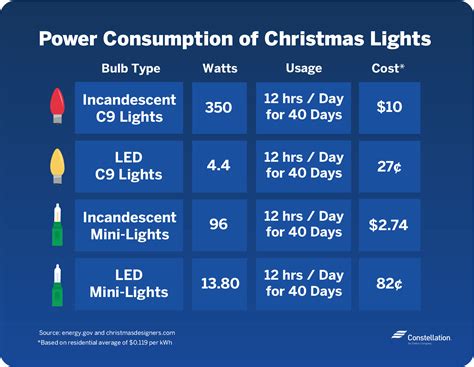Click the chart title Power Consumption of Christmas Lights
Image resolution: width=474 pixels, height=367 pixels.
[236, 38]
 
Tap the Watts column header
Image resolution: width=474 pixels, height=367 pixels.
[219, 69]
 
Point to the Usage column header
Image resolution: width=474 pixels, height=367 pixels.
[306, 69]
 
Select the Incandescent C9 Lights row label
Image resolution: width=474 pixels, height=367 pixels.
[129, 109]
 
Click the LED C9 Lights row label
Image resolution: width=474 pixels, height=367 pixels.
[129, 166]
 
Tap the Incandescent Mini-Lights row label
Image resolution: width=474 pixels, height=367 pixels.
[129, 224]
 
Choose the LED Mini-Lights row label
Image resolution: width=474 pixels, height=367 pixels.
[129, 282]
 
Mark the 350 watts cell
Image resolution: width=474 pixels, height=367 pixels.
[219, 109]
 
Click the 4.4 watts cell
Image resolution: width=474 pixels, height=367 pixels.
[219, 166]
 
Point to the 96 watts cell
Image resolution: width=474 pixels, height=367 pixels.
[219, 224]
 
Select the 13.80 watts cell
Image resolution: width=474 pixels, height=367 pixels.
[219, 282]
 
